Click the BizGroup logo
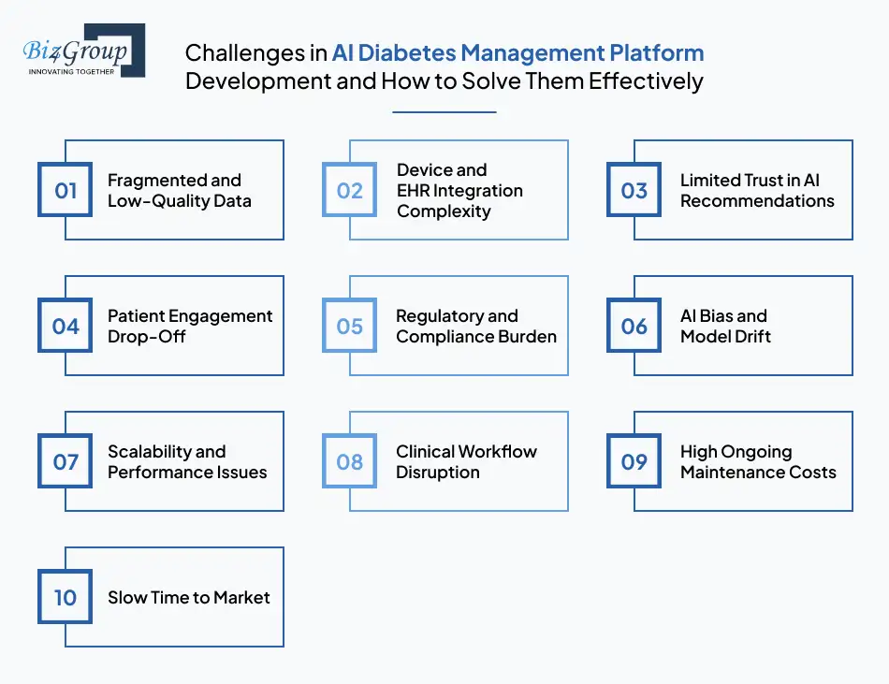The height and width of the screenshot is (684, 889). [82, 51]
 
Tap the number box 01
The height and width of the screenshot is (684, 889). [66, 190]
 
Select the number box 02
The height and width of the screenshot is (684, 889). [350, 190]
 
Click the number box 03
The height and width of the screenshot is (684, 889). [634, 190]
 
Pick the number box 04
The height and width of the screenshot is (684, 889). [66, 326]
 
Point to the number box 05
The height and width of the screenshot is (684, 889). [350, 326]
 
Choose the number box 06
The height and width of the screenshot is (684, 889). [634, 326]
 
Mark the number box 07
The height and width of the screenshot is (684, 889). [66, 461]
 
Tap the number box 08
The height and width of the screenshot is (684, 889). [350, 461]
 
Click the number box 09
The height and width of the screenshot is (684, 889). [634, 461]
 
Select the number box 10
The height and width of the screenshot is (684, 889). [66, 597]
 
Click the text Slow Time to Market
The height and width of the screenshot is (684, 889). [189, 597]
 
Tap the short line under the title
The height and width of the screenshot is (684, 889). [444, 112]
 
